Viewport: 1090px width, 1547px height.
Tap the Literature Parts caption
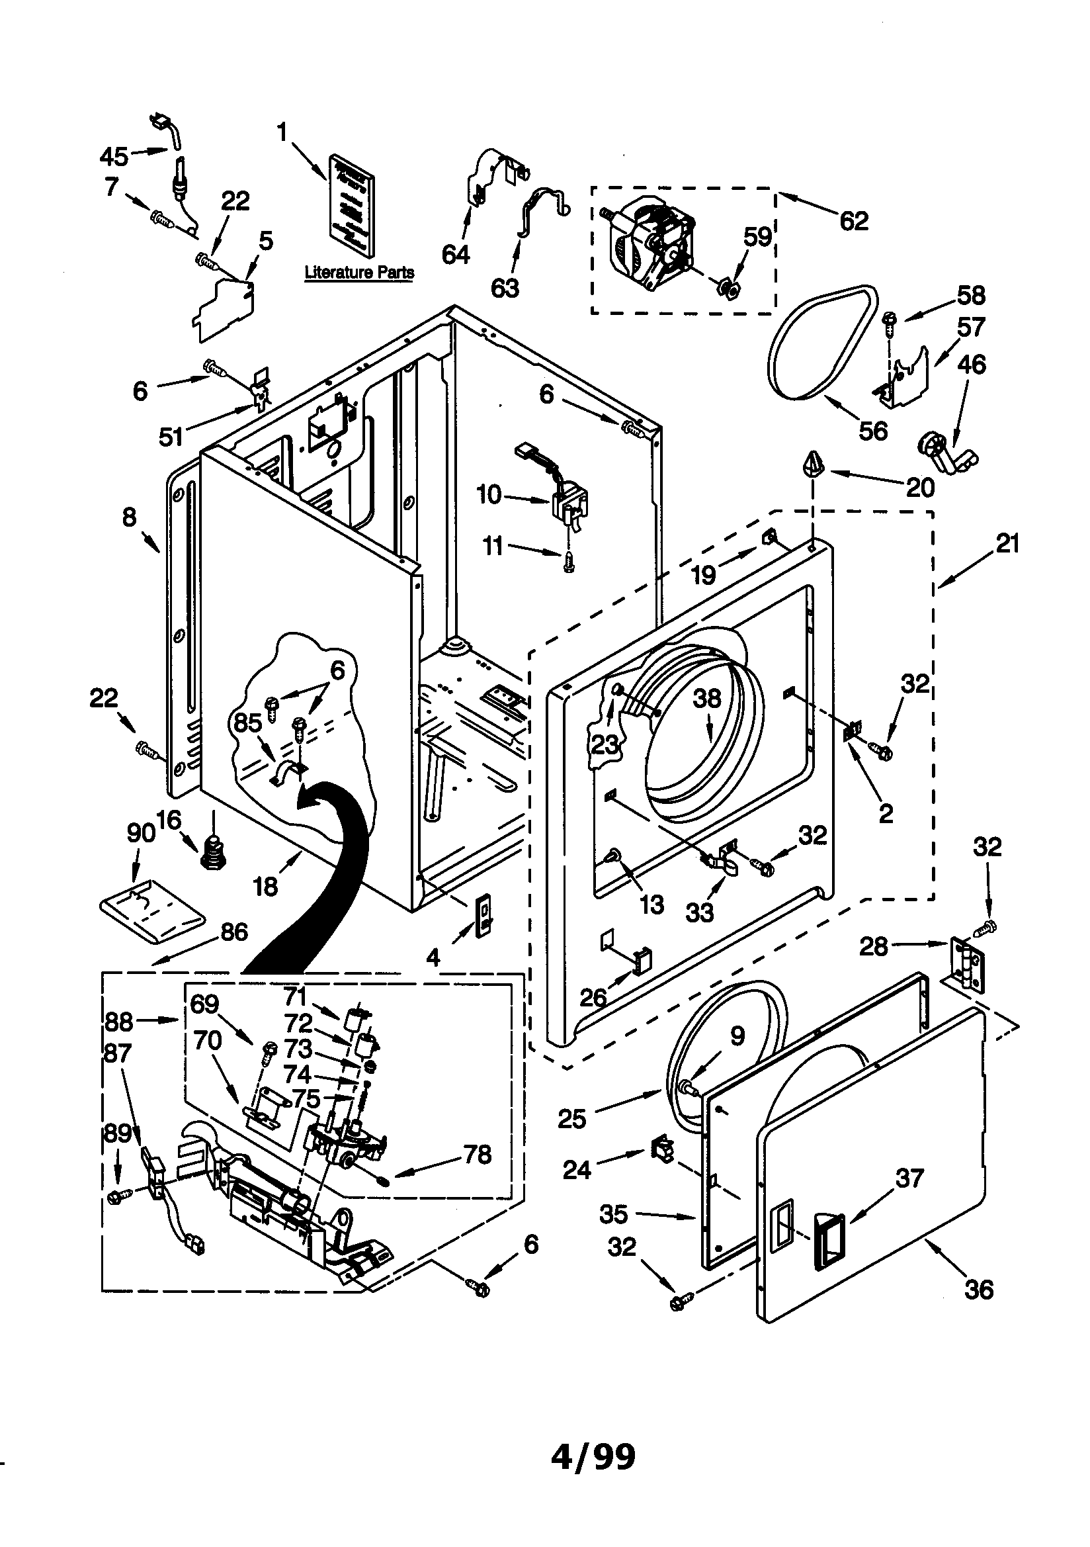pos(358,272)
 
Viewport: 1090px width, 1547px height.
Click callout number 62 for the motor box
pos(853,221)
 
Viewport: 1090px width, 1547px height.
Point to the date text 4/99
pos(593,1457)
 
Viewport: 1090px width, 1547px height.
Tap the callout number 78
pos(477,1155)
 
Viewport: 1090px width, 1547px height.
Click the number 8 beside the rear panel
pos(129,517)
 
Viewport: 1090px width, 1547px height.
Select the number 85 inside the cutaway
pos(247,723)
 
